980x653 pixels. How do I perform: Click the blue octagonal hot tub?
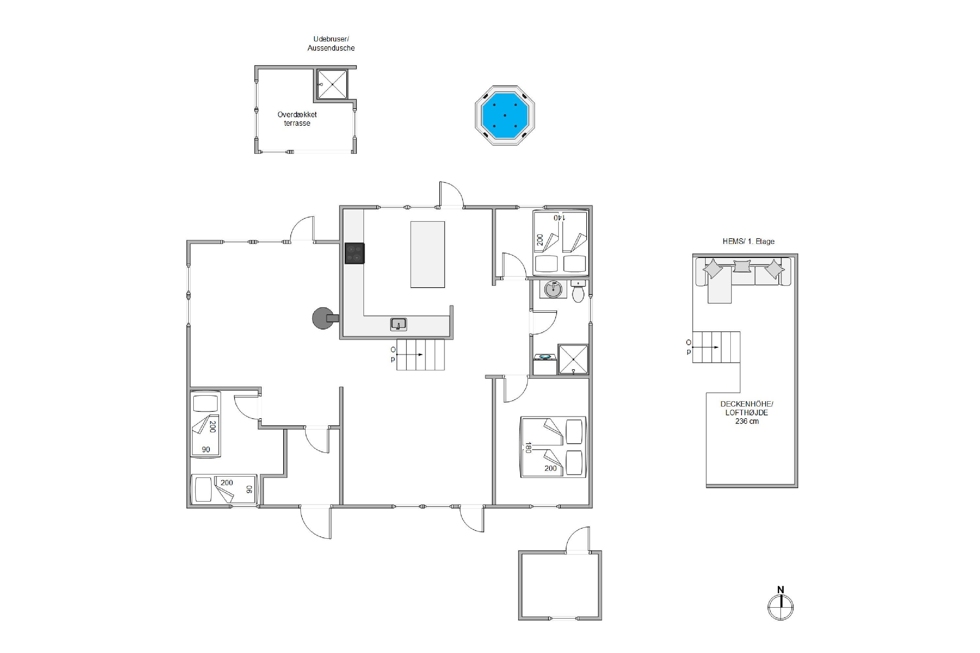pos(505,115)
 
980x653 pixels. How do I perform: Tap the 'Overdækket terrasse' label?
pos(297,119)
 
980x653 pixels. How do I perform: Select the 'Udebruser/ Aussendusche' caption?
pos(331,43)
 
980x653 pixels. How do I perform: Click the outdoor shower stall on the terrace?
pos(332,84)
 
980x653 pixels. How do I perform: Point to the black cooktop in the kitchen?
pos(354,253)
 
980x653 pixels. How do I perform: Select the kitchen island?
pos(428,254)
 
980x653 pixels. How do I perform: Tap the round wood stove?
pos(323,318)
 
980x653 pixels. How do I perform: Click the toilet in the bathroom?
pos(578,291)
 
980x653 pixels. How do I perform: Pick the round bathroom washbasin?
pos(553,289)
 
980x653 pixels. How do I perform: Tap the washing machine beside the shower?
pos(546,364)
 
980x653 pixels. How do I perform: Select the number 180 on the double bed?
pos(528,447)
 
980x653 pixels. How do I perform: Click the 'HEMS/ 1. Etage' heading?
pos(748,241)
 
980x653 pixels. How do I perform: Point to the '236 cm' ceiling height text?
pos(747,421)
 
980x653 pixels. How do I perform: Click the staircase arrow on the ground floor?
pos(410,354)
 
